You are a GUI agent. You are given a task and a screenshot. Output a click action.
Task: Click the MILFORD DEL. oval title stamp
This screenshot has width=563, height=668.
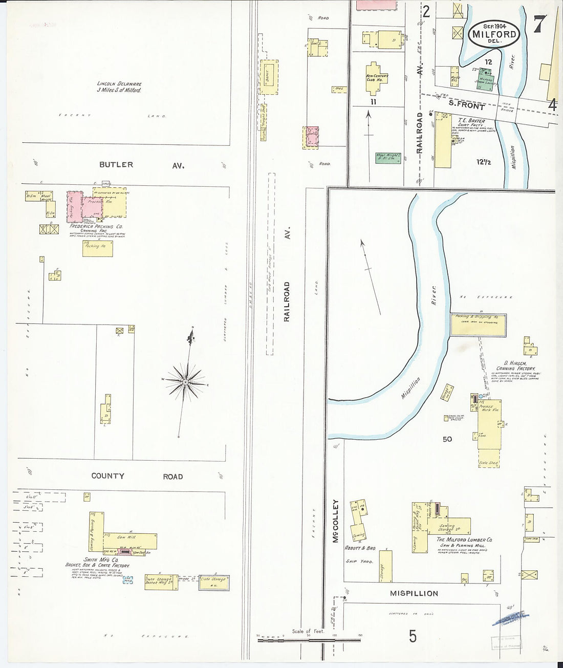click(494, 35)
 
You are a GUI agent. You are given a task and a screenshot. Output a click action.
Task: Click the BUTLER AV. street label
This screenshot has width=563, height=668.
click(141, 165)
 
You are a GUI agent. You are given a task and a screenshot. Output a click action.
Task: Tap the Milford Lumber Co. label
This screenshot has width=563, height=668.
click(464, 540)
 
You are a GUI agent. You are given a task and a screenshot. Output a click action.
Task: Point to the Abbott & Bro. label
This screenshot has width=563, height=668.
click(360, 548)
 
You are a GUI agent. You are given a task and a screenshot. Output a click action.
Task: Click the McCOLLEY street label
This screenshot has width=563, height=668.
click(336, 521)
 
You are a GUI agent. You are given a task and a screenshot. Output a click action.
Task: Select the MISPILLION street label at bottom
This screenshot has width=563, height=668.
click(414, 593)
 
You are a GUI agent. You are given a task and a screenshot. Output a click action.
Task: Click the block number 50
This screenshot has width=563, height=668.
click(447, 439)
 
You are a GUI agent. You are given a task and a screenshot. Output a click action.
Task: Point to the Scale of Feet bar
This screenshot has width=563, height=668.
click(309, 639)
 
